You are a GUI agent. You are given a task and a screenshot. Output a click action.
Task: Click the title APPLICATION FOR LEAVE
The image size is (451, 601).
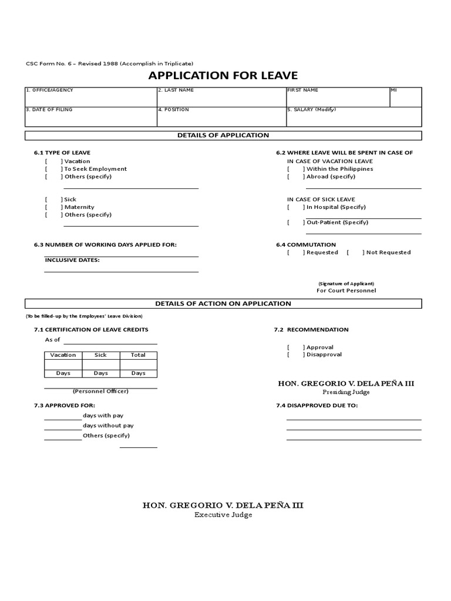pyautogui.click(x=223, y=75)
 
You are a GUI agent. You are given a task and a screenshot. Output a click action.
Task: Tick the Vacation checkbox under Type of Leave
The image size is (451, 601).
pyautogui.click(x=53, y=161)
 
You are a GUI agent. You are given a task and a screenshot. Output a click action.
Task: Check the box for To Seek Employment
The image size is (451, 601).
pyautogui.click(x=53, y=169)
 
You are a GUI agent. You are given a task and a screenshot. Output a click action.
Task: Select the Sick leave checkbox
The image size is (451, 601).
pyautogui.click(x=53, y=200)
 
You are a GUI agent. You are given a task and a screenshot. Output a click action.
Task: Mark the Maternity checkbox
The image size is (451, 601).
pyautogui.click(x=53, y=207)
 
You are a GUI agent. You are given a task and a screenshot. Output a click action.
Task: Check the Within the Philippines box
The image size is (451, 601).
pyautogui.click(x=296, y=169)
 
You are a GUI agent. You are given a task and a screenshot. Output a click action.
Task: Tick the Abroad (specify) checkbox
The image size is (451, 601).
pyautogui.click(x=296, y=177)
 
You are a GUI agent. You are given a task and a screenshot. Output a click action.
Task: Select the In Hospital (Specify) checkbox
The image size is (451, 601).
pyautogui.click(x=296, y=207)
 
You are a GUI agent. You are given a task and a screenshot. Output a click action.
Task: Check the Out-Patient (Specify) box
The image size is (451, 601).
pyautogui.click(x=296, y=222)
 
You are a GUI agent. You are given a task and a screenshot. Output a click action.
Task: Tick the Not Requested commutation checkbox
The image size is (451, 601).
pyautogui.click(x=356, y=252)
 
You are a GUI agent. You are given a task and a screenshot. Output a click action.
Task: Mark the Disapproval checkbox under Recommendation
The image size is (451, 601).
pyautogui.click(x=296, y=354)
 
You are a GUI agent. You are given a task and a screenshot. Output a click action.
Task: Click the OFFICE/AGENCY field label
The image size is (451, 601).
pyautogui.click(x=49, y=90)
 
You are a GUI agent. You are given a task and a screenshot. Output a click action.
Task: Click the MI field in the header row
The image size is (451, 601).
pyautogui.click(x=405, y=97)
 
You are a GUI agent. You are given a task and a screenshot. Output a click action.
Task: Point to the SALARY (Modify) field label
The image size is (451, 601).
pyautogui.click(x=312, y=110)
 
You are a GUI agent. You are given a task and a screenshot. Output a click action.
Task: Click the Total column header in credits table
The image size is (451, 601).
pyautogui.click(x=138, y=355)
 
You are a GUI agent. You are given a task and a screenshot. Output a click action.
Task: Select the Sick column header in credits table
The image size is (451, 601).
pyautogui.click(x=100, y=355)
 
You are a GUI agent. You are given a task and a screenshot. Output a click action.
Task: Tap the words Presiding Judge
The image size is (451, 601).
pyautogui.click(x=346, y=392)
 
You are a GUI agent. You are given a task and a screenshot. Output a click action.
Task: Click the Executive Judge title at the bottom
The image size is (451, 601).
pyautogui.click(x=223, y=515)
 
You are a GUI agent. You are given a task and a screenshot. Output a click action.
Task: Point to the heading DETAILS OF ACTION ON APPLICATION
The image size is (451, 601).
pyautogui.click(x=223, y=303)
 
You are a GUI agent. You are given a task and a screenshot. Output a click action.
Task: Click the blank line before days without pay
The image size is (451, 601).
pyautogui.click(x=63, y=426)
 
